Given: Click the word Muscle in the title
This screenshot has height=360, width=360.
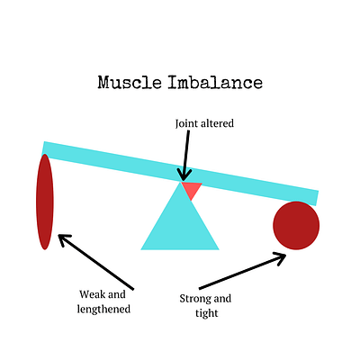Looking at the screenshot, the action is [130, 83].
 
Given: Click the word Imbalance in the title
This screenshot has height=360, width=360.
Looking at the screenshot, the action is [215, 83].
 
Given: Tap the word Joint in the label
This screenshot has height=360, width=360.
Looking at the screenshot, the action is [184, 123].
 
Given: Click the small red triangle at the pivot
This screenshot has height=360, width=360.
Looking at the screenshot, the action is [191, 189].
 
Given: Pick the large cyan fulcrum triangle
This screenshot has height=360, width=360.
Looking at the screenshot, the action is [180, 223].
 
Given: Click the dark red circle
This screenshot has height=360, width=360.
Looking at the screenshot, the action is [296, 225].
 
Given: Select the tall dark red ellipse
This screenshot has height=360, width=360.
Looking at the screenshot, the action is [45, 202].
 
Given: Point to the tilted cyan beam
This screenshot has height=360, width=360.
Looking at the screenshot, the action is [180, 174].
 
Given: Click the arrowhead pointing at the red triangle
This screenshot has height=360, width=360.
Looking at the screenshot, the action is [184, 175].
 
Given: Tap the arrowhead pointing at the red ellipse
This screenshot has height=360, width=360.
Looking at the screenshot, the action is [64, 239].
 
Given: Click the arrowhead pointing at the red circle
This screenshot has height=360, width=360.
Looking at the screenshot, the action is [279, 258].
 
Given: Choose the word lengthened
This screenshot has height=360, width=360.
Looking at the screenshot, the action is [103, 310].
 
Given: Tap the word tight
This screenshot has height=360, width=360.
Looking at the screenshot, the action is [207, 313].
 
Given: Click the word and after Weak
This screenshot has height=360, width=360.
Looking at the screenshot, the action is [117, 294].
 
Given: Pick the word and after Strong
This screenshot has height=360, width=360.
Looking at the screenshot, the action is [222, 299].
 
